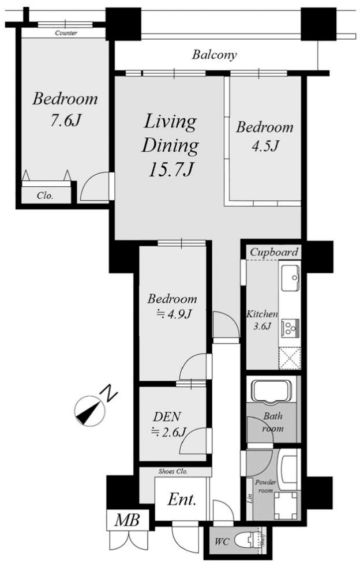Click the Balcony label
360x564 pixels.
click(x=214, y=55)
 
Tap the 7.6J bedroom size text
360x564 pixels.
click(x=65, y=121)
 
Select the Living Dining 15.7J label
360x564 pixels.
click(x=170, y=145)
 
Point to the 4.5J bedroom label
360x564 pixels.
click(x=265, y=137)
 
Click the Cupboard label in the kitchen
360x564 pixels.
click(x=274, y=252)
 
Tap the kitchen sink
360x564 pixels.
click(x=290, y=278)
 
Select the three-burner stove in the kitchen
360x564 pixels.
click(x=290, y=328)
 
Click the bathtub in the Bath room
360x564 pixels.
click(x=272, y=390)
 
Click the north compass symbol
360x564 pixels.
click(x=89, y=411)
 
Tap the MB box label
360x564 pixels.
click(x=127, y=520)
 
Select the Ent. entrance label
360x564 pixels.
click(x=182, y=499)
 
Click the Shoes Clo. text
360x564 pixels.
click(x=173, y=471)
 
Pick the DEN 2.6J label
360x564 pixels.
click(x=168, y=424)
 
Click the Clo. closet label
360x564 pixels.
click(x=45, y=196)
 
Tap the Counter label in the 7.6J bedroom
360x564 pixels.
click(x=66, y=33)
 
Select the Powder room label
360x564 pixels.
click(x=266, y=486)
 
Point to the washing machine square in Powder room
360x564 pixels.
click(x=286, y=505)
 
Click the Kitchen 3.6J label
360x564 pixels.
click(x=262, y=320)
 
